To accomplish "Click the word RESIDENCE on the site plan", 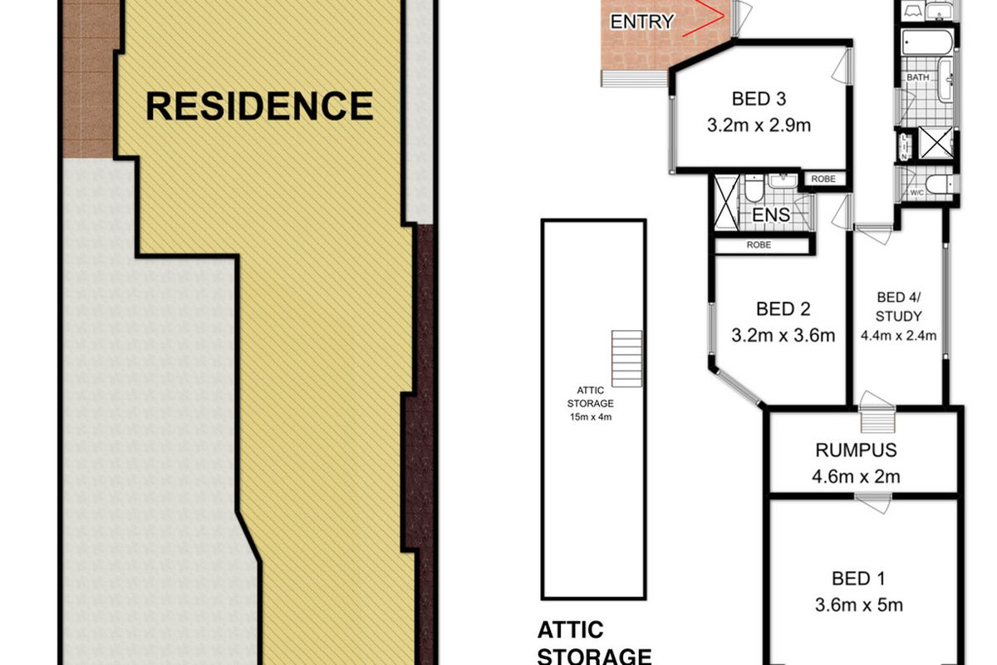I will click(259, 106).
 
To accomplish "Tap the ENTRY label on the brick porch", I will click(641, 22).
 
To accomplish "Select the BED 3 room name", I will click(759, 100).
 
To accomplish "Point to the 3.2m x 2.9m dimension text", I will click(759, 126).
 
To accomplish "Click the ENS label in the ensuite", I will click(771, 215).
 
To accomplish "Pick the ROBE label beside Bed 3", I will click(823, 179).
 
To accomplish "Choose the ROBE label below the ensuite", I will click(759, 245).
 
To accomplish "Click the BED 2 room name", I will click(783, 309).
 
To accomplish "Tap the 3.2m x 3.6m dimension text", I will click(783, 336).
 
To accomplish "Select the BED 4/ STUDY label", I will click(899, 306).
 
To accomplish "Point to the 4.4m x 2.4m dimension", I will click(899, 337).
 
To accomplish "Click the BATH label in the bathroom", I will click(918, 77).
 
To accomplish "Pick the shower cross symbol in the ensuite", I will click(726, 202).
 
